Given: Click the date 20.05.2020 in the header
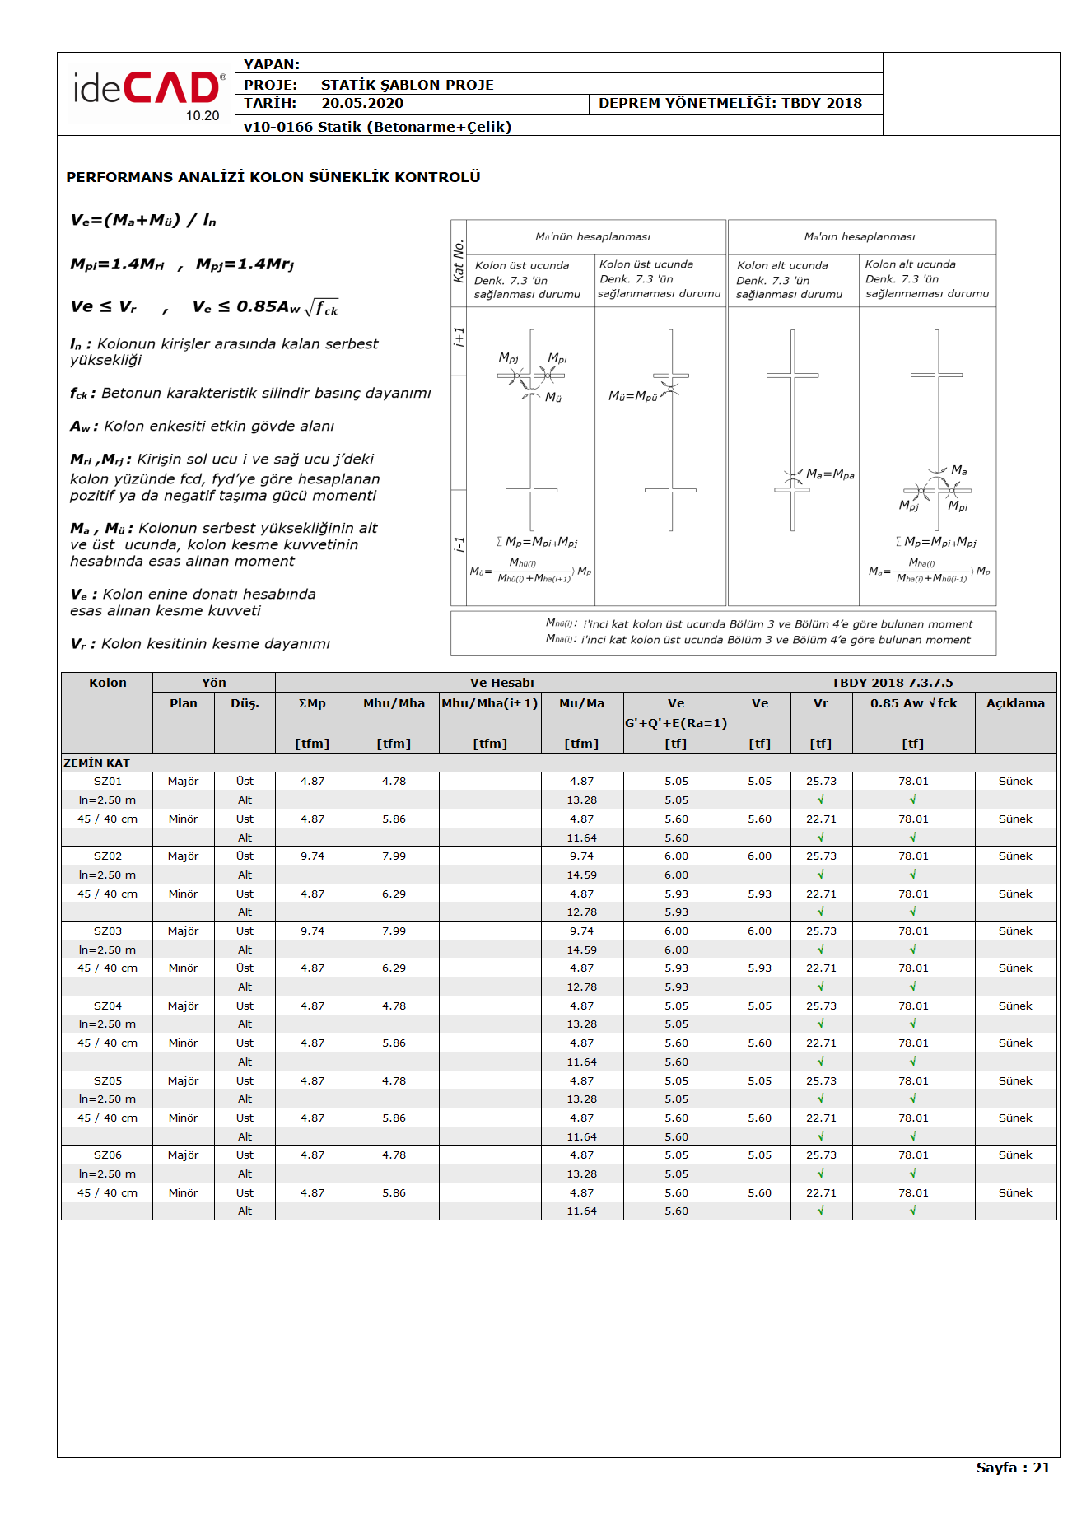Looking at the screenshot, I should pyautogui.click(x=362, y=104).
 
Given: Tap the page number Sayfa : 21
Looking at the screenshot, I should pyautogui.click(x=1013, y=1468).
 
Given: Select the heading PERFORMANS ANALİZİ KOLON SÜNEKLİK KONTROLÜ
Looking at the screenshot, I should pyautogui.click(x=273, y=177).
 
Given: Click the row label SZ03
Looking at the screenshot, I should pyautogui.click(x=107, y=931).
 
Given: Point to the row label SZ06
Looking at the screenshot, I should pyautogui.click(x=107, y=1155).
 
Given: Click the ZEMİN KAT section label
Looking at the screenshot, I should pyautogui.click(x=96, y=763).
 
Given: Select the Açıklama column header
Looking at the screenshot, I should pyautogui.click(x=1015, y=703).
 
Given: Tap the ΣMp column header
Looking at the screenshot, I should pyautogui.click(x=312, y=703).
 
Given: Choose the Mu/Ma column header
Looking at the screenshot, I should pyautogui.click(x=581, y=703).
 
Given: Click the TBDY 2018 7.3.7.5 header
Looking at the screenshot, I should pyautogui.click(x=892, y=683).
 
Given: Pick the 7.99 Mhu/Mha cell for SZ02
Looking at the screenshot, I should pyautogui.click(x=394, y=856).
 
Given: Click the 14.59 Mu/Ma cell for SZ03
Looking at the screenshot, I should pyautogui.click(x=581, y=950).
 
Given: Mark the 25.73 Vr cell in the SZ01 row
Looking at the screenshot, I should pyautogui.click(x=821, y=782).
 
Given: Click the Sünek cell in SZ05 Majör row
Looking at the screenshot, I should pyautogui.click(x=1015, y=1081).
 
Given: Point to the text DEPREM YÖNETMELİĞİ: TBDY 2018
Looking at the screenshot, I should pyautogui.click(x=730, y=104).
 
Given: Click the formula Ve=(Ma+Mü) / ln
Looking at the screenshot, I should pyautogui.click(x=143, y=221).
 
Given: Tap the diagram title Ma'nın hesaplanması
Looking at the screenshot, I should pyautogui.click(x=859, y=237).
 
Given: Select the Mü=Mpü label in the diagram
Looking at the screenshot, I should pyautogui.click(x=632, y=396).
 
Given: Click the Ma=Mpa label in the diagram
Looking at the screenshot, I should pyautogui.click(x=830, y=474).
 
